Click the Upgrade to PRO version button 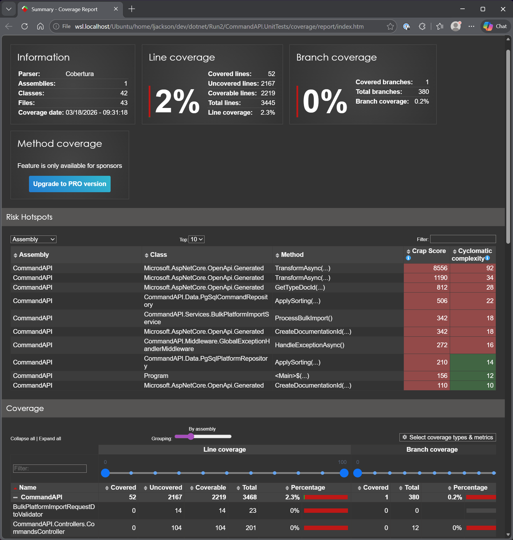[70, 184]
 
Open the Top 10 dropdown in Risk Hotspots [196, 239]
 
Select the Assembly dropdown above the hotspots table [33, 239]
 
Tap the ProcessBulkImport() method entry [303, 318]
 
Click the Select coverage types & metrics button [447, 437]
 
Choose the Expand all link [50, 438]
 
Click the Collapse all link [23, 438]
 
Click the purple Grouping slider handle [191, 436]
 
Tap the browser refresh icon [25, 26]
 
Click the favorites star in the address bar [390, 26]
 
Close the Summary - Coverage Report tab [116, 9]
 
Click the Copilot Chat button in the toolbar [495, 26]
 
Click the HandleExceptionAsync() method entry [309, 345]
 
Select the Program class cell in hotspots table [156, 376]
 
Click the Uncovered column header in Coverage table [165, 487]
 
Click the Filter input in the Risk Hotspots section [463, 239]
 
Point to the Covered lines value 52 [271, 74]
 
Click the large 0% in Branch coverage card [325, 102]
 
